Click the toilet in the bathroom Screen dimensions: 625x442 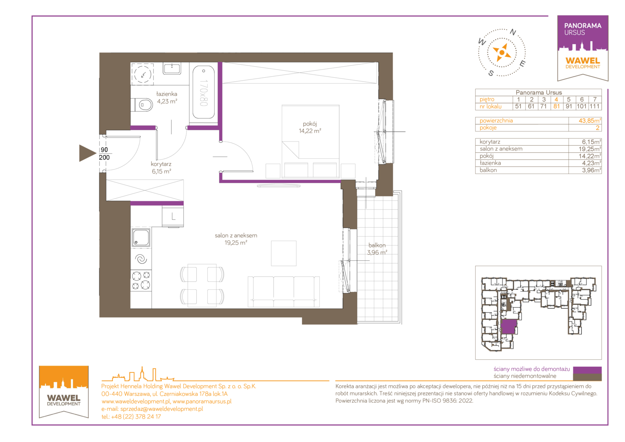click(142, 105)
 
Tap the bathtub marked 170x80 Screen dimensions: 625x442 click(204, 92)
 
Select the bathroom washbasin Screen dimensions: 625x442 click(172, 68)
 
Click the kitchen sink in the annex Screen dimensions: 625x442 click(141, 238)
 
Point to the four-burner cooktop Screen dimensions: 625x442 click(141, 280)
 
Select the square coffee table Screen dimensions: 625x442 click(284, 253)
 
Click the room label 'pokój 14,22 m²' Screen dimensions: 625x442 click(310, 127)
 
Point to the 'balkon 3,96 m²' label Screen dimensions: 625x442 click(377, 249)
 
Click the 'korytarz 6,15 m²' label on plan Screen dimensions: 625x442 click(161, 167)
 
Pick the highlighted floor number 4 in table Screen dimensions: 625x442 click(556, 99)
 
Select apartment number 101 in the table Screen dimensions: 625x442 click(582, 106)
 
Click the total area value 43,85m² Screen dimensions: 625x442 click(590, 121)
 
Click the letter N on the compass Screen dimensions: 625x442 click(513, 32)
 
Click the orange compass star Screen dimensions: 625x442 click(501, 52)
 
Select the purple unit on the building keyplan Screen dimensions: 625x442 click(509, 326)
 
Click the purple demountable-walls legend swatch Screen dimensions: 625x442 click(587, 370)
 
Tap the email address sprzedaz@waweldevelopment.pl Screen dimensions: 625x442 click(162, 409)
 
